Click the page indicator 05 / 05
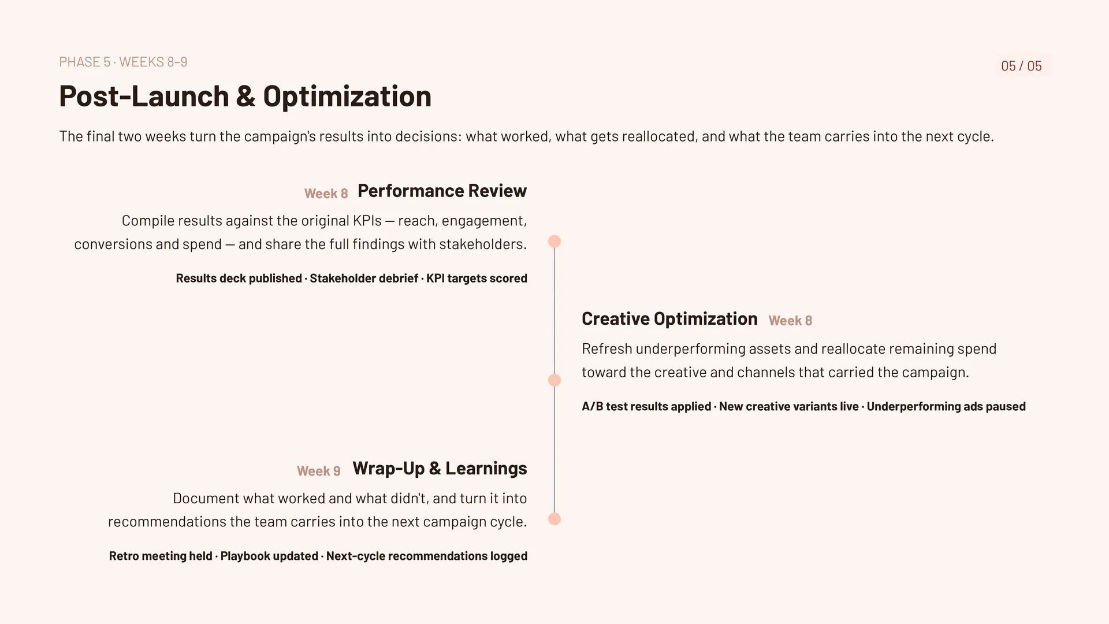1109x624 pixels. (x=1021, y=66)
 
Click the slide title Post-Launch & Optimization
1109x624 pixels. (x=245, y=96)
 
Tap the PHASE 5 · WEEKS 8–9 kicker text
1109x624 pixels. (x=123, y=62)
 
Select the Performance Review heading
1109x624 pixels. (x=442, y=191)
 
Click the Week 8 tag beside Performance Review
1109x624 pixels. (x=326, y=194)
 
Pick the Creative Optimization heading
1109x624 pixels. (x=669, y=319)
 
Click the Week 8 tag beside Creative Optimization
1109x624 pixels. (x=790, y=321)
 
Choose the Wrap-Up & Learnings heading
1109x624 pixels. (x=440, y=468)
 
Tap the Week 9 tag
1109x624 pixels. (x=318, y=471)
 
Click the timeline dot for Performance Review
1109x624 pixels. (x=554, y=242)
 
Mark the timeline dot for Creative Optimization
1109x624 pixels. (x=554, y=380)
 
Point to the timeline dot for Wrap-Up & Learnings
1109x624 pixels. (x=554, y=519)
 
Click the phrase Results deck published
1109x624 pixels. (x=239, y=278)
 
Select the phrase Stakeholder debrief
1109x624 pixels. (x=364, y=278)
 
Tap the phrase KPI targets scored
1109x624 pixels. (x=477, y=278)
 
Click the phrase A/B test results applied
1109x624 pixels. (x=646, y=407)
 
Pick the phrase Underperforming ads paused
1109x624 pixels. (x=946, y=407)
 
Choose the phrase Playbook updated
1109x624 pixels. (x=269, y=556)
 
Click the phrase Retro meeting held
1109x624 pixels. (x=161, y=556)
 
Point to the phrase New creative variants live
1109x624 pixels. (x=789, y=407)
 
